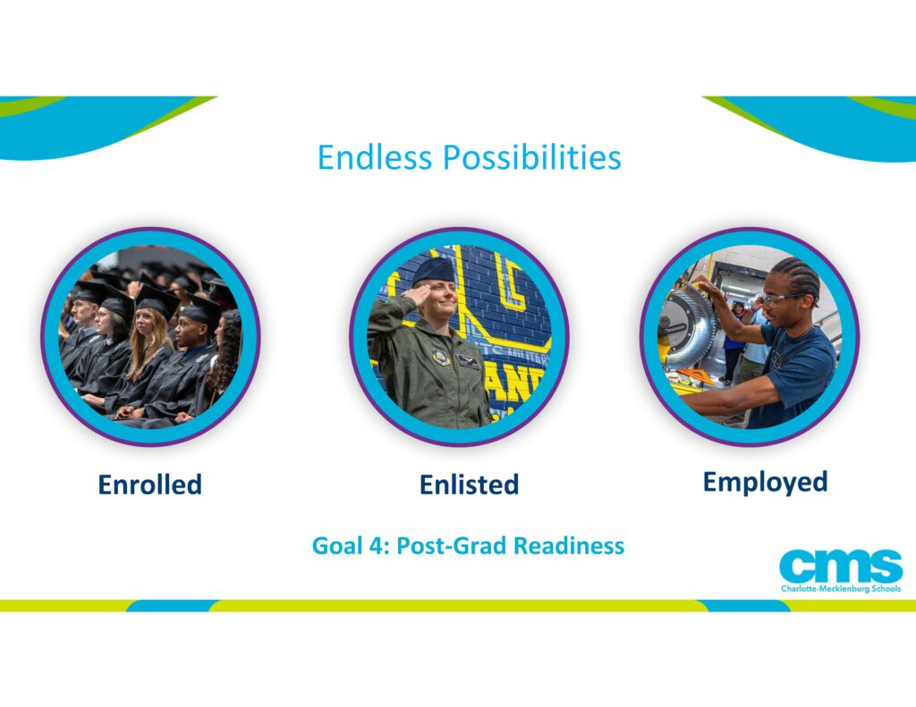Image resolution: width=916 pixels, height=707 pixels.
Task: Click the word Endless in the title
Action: tap(375, 157)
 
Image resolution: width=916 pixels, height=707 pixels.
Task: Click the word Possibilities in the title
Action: tap(531, 157)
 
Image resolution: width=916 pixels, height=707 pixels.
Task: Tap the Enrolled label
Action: tap(150, 484)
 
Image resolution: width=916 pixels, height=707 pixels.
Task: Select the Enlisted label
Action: tap(469, 484)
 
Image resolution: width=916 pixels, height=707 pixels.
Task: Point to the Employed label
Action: tap(766, 483)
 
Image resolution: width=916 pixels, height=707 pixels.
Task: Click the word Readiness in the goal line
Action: tap(569, 546)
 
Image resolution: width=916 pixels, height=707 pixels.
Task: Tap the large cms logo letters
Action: tap(841, 566)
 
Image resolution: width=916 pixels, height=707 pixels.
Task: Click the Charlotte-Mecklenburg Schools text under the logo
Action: tap(841, 588)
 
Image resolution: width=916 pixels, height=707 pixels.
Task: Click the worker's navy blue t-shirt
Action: tap(797, 374)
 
